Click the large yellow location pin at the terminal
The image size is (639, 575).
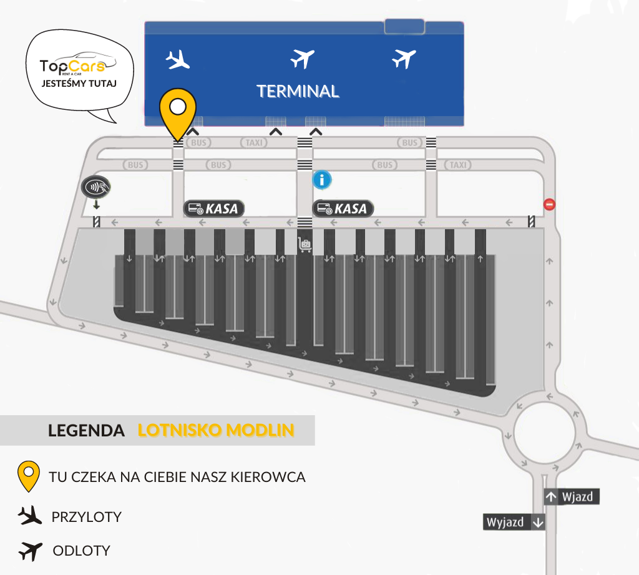click(178, 110)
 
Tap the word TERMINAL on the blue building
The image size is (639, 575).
click(298, 91)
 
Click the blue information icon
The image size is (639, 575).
click(322, 179)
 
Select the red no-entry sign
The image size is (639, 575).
click(549, 204)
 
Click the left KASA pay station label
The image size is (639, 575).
click(214, 209)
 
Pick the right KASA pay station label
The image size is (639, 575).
click(343, 209)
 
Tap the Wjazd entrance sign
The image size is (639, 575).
click(572, 497)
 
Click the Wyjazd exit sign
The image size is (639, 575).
click(514, 522)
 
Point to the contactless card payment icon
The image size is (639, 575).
click(95, 187)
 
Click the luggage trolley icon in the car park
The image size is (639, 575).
click(305, 245)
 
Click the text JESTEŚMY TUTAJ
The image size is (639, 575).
click(79, 84)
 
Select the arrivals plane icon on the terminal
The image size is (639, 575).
click(178, 59)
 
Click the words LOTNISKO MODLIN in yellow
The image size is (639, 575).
click(216, 430)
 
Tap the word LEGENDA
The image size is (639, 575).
click(86, 431)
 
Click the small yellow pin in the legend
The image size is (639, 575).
click(29, 476)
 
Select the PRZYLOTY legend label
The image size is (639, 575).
click(86, 517)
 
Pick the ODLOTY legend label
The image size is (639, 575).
click(82, 551)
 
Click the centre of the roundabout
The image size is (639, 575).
click(544, 432)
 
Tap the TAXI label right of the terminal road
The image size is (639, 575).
click(457, 165)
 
